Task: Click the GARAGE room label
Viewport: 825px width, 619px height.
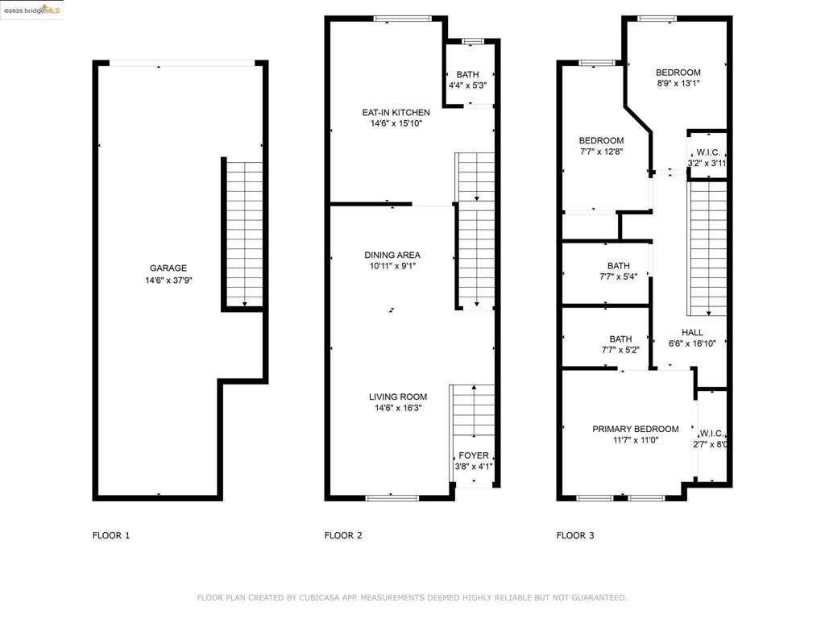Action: click(x=168, y=268)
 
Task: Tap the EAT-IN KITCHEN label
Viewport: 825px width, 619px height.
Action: click(x=396, y=113)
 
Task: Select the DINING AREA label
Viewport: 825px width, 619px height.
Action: click(x=392, y=255)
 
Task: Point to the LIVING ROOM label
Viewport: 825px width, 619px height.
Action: click(x=398, y=397)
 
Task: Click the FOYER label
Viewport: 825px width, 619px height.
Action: click(x=474, y=455)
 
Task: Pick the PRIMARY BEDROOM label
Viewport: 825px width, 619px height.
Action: click(x=636, y=429)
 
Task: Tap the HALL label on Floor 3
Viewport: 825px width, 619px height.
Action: click(x=692, y=333)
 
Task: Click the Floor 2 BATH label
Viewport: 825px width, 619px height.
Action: click(x=468, y=75)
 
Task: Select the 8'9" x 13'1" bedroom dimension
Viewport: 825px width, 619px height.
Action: click(x=678, y=83)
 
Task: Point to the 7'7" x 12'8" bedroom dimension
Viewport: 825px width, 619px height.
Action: click(x=601, y=152)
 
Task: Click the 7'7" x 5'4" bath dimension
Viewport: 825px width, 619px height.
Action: click(x=619, y=277)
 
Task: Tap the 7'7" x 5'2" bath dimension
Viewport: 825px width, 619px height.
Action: click(x=621, y=350)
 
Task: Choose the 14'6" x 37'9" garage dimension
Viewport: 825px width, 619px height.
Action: click(x=168, y=280)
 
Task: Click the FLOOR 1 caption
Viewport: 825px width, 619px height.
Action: click(x=111, y=535)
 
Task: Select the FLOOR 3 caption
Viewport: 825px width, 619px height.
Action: click(x=575, y=535)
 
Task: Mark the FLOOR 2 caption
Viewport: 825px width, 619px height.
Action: click(x=343, y=535)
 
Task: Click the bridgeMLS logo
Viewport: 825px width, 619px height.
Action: click(x=32, y=10)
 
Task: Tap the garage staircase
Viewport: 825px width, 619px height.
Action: click(x=244, y=234)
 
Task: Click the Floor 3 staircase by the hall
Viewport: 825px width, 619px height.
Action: click(x=708, y=248)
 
